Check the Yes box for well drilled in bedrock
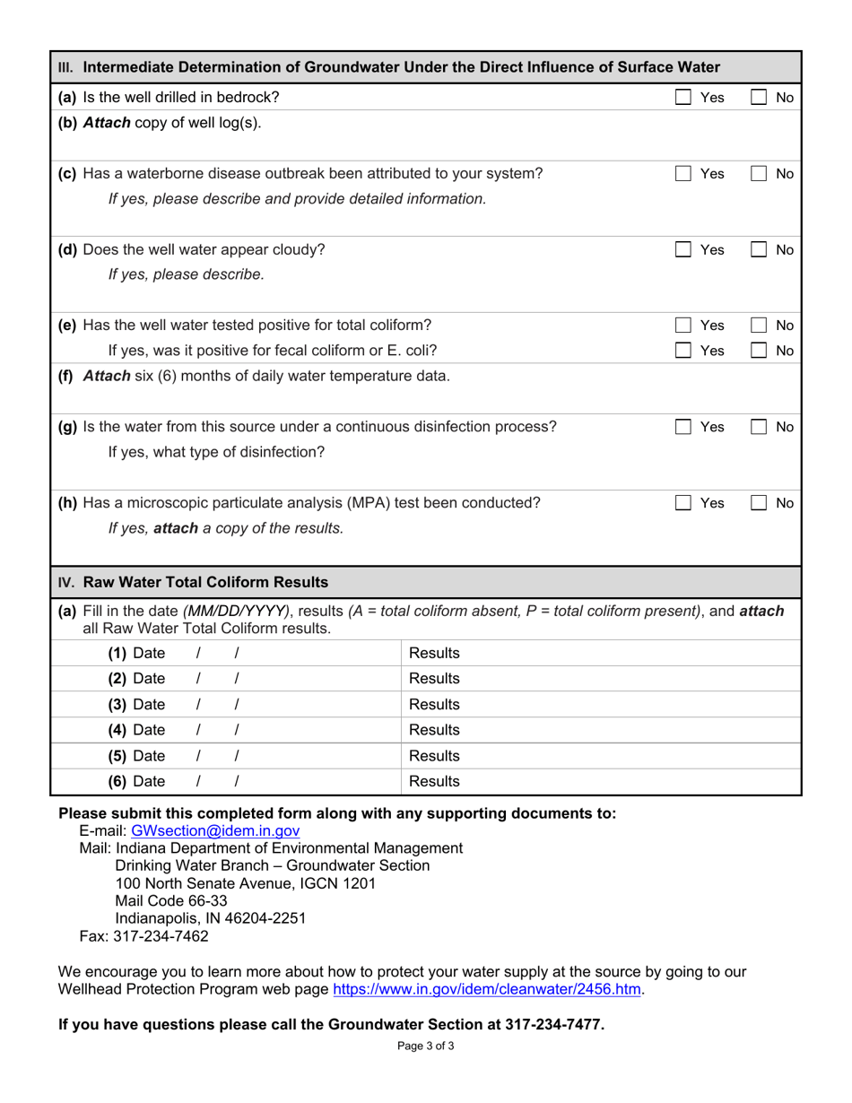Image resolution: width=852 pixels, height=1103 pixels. click(x=682, y=97)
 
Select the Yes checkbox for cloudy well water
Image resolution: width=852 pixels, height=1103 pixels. click(x=682, y=249)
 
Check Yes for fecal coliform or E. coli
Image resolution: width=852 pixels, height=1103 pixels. click(x=682, y=351)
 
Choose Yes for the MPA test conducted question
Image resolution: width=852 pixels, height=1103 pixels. click(x=682, y=503)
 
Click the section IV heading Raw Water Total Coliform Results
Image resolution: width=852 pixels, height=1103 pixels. click(x=205, y=582)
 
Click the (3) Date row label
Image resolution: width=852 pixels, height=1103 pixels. click(x=136, y=704)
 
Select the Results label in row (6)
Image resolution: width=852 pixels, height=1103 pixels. click(x=434, y=782)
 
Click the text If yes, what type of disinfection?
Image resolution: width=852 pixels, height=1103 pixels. click(x=216, y=452)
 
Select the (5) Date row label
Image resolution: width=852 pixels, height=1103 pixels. click(x=136, y=756)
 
